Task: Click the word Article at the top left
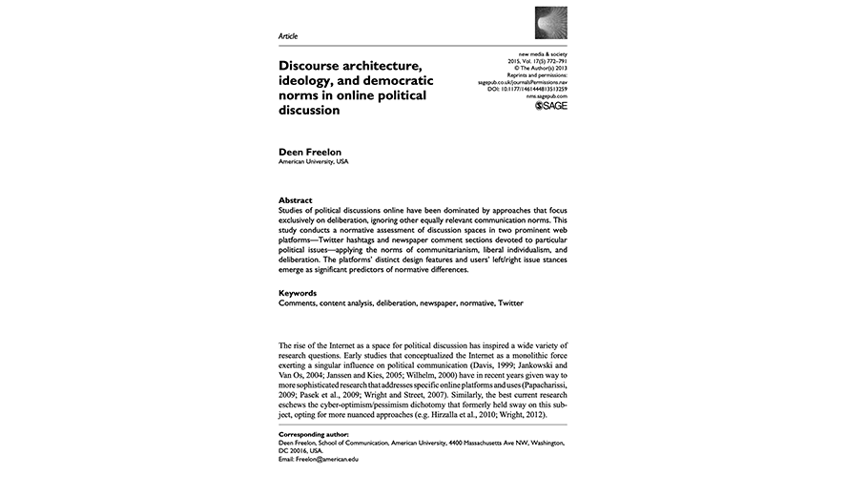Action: pos(287,35)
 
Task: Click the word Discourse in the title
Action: pos(314,66)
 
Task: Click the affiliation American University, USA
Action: pos(313,162)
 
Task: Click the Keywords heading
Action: pos(300,293)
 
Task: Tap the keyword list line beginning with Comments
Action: pos(402,302)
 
